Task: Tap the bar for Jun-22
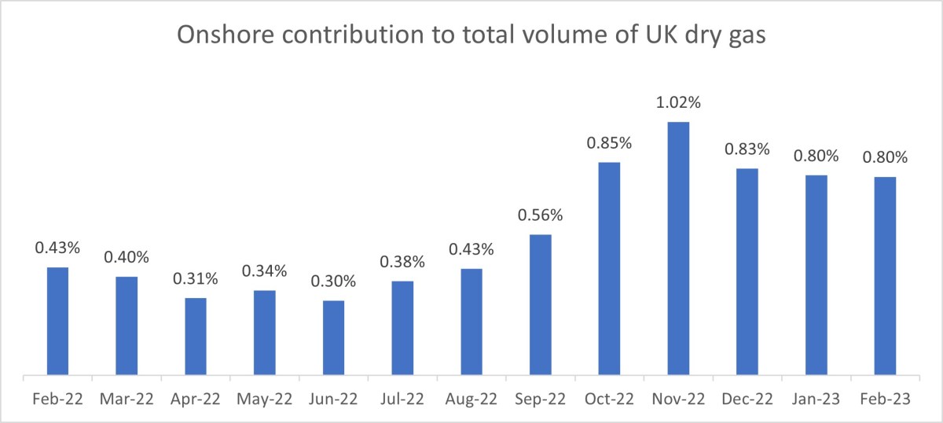[x=333, y=337]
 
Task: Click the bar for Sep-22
[x=540, y=304]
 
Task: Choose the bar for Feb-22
[x=57, y=321]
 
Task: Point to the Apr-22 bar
[x=196, y=336]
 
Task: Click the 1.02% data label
[x=678, y=103]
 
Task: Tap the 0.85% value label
[x=609, y=143]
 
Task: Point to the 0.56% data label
[x=540, y=215]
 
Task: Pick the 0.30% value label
[x=333, y=281]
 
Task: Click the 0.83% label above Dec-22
[x=747, y=149]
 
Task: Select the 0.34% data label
[x=264, y=271]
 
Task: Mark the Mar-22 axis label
[x=127, y=399]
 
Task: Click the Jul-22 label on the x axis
[x=402, y=399]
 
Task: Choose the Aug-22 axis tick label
[x=472, y=399]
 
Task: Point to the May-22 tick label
[x=264, y=399]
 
